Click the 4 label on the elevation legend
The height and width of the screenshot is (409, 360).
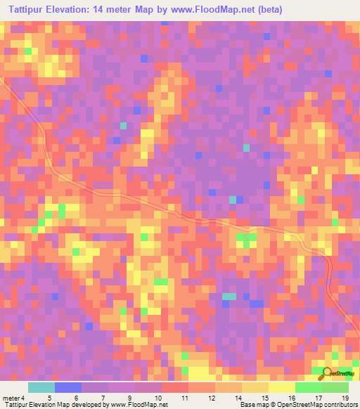click(22, 398)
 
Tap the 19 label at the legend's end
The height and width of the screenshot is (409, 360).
click(346, 398)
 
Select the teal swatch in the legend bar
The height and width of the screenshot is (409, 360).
click(41, 387)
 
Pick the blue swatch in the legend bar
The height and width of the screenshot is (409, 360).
click(68, 387)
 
